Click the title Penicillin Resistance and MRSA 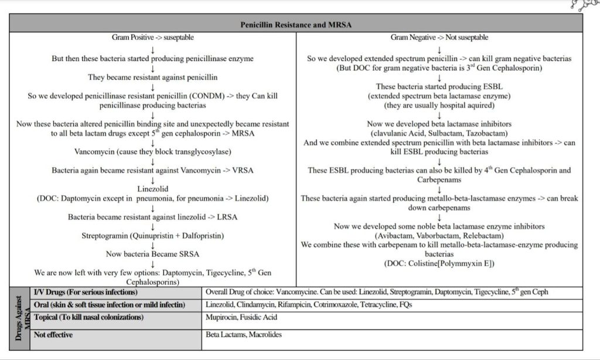point(296,25)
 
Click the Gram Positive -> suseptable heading point(153,38)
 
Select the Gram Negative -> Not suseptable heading point(439,38)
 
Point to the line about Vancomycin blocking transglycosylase point(153,152)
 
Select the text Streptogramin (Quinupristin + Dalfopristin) point(153,236)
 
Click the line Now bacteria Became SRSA point(153,254)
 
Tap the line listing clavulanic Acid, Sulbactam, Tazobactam point(439,133)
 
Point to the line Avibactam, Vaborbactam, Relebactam point(439,235)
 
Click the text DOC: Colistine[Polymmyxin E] point(439,263)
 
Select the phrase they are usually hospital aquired point(439,105)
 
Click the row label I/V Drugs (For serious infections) point(86,292)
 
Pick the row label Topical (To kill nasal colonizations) point(88,317)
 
